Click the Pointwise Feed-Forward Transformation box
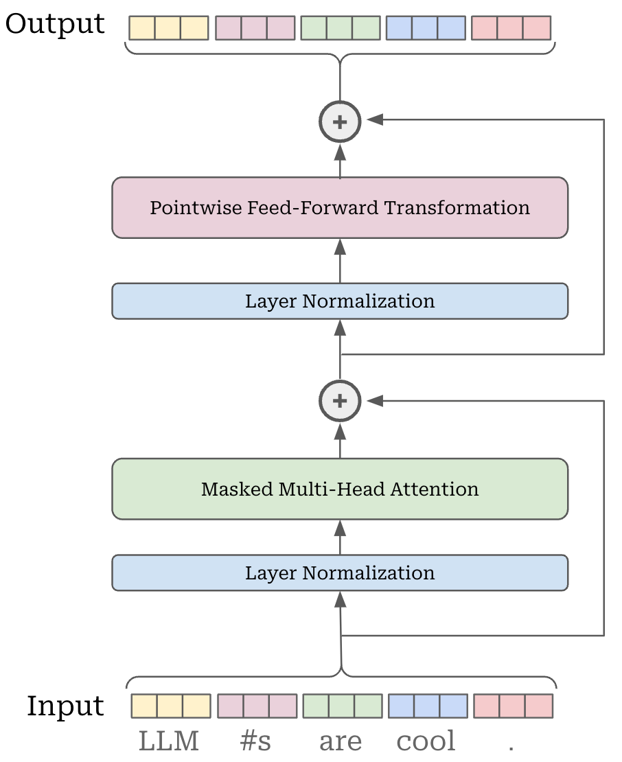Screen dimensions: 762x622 (x=340, y=208)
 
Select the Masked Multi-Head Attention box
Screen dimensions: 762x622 (x=340, y=489)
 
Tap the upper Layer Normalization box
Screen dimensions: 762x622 (x=340, y=301)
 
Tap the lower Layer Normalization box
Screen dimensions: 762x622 (x=340, y=573)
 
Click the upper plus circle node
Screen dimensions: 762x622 (x=340, y=122)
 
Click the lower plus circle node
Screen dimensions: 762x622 (x=340, y=401)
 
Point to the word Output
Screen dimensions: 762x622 (x=55, y=24)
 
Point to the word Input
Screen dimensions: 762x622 (x=65, y=706)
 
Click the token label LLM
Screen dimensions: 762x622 (x=169, y=741)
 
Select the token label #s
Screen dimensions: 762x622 (x=255, y=741)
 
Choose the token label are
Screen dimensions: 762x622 (x=341, y=741)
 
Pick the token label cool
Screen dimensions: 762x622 (x=426, y=741)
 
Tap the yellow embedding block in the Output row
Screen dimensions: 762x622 (x=169, y=27)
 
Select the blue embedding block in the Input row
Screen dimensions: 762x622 (x=428, y=706)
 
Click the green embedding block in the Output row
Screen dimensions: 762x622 (x=340, y=27)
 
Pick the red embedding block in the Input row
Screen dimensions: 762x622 (x=513, y=706)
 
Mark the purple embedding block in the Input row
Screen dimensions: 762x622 (x=257, y=706)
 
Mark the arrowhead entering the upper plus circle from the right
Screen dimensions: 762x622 (x=374, y=120)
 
